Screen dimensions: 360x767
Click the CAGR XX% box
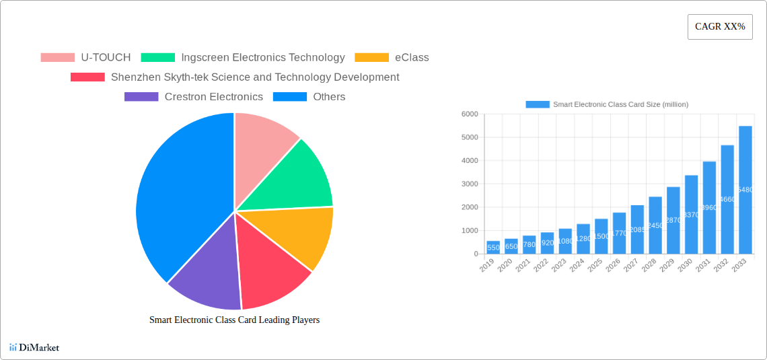pos(719,27)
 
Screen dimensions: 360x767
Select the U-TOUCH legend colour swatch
pos(57,57)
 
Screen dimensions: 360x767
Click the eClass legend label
pos(412,57)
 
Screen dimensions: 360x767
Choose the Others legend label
pos(329,96)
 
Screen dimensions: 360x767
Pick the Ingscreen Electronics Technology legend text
pos(263,57)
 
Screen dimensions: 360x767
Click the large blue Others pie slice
pos(182,195)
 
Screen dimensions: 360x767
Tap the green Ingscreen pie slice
pos(296,178)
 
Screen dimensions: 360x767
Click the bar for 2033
pos(745,190)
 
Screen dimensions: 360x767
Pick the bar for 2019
pos(493,247)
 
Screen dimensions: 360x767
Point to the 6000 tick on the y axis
pos(468,114)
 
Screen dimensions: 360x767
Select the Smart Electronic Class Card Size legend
pos(607,104)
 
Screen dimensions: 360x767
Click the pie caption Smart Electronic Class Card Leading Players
pos(234,320)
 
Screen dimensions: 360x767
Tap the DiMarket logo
pos(34,347)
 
